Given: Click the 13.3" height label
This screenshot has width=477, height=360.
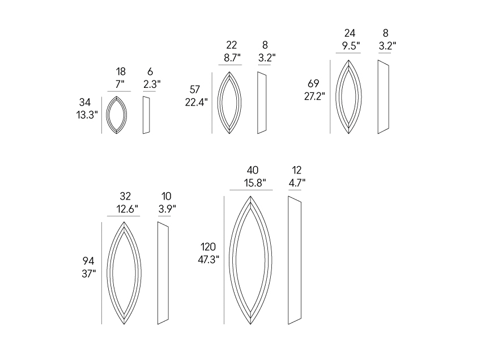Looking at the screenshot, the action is click(87, 115).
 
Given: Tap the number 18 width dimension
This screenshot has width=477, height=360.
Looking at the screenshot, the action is click(121, 71).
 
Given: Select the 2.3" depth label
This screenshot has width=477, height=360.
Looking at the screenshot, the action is click(152, 84).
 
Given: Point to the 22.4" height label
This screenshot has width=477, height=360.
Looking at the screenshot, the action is click(196, 102).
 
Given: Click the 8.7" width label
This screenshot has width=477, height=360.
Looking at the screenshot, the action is click(232, 57).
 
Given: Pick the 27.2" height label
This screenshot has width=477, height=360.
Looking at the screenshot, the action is click(314, 96).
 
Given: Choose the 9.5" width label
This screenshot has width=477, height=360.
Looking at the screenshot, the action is click(351, 46).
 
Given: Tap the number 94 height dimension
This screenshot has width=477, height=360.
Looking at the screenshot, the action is click(88, 261).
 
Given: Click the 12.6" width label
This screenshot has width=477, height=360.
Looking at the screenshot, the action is click(127, 209).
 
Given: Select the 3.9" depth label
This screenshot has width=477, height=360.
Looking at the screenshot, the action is click(167, 209).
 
